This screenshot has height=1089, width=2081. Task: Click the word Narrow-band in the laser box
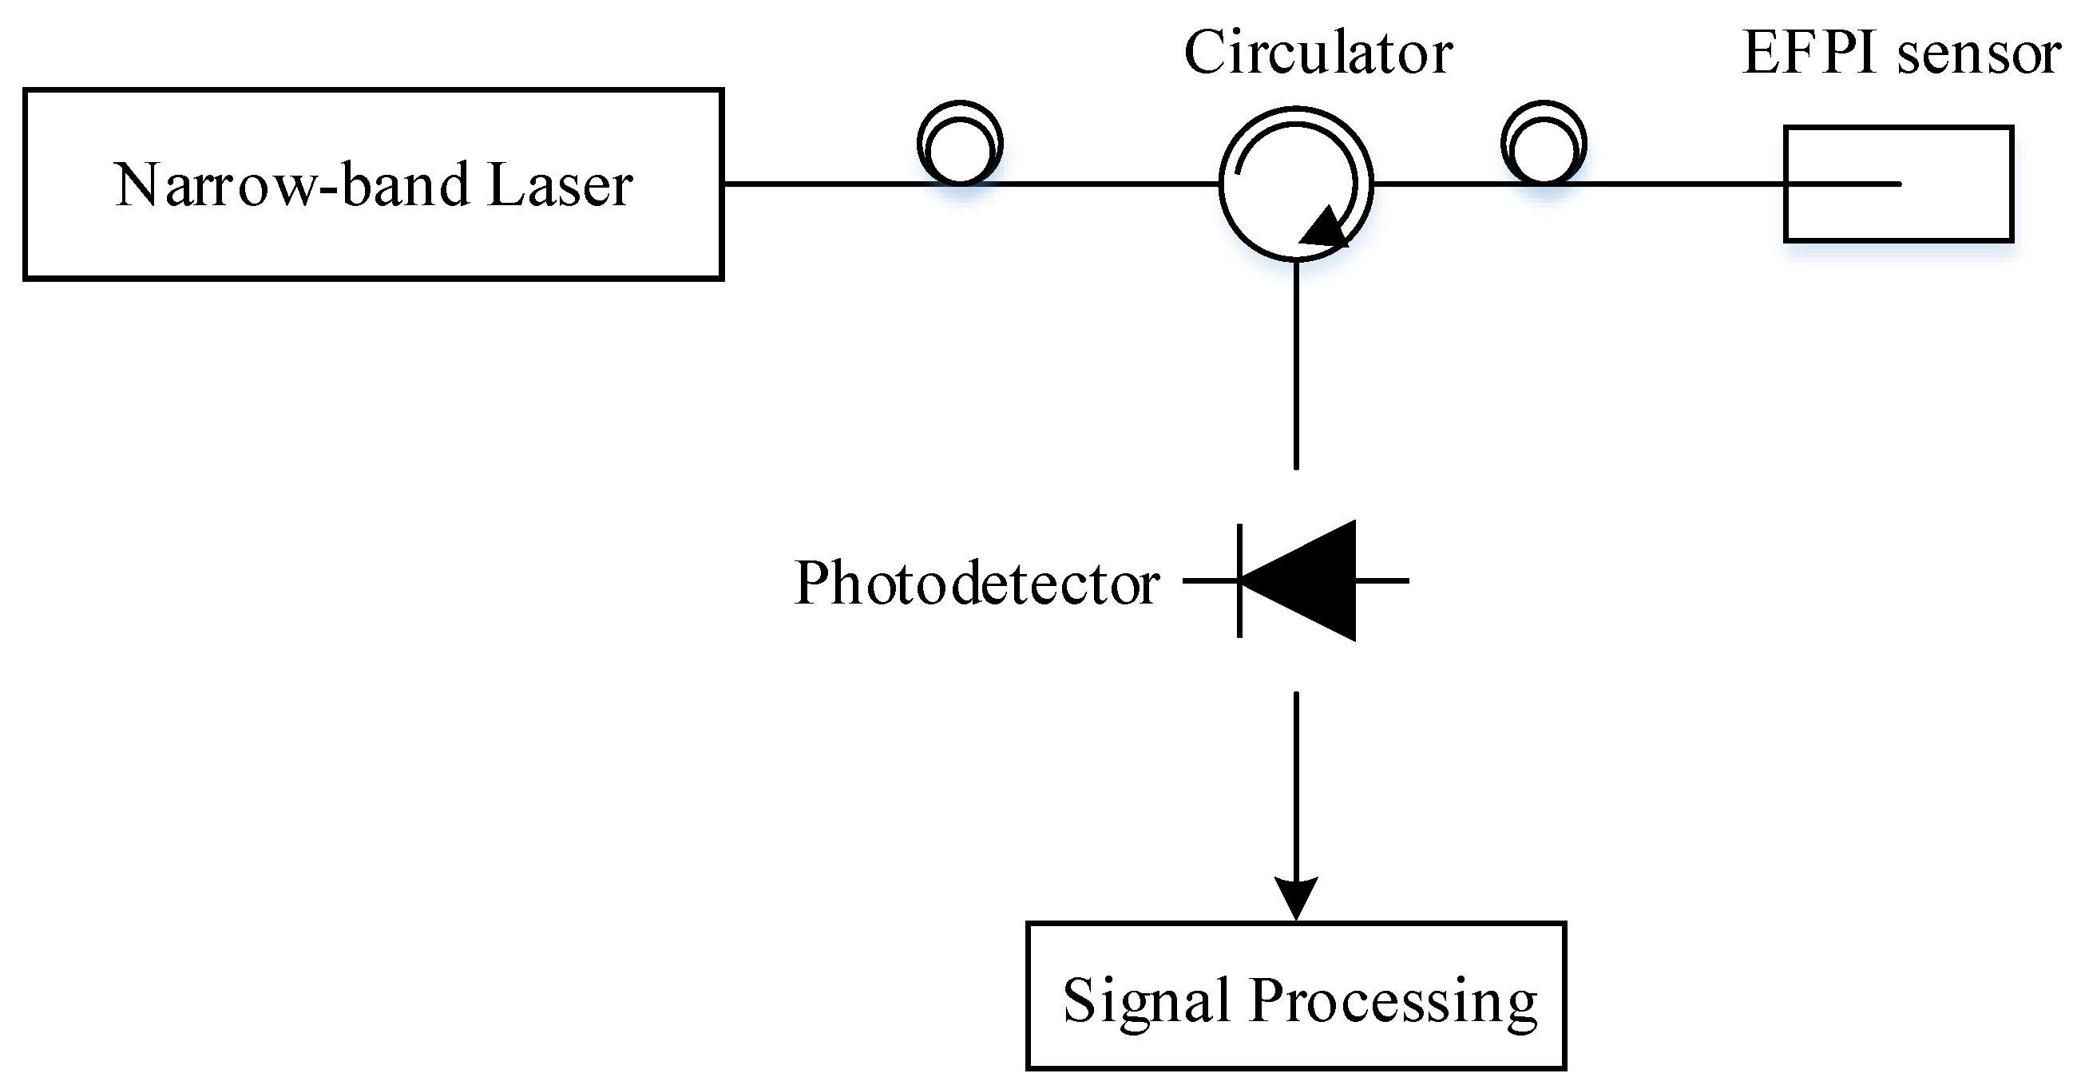point(291,186)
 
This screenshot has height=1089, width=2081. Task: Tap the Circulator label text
point(1318,53)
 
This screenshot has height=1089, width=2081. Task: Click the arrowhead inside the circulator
point(1325,228)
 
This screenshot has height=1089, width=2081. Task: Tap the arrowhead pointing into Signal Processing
point(1296,897)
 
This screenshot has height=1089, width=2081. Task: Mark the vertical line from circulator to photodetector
point(1296,363)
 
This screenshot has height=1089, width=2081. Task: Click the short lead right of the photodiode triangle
point(1383,580)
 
